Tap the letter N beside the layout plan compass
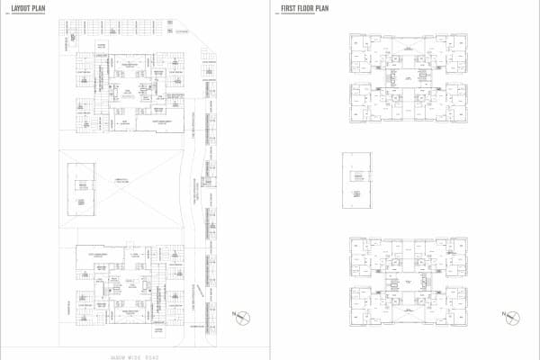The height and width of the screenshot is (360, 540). click(233, 315)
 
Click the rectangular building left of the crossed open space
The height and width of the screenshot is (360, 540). click(81, 184)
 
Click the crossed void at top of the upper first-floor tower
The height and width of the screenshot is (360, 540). click(410, 40)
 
